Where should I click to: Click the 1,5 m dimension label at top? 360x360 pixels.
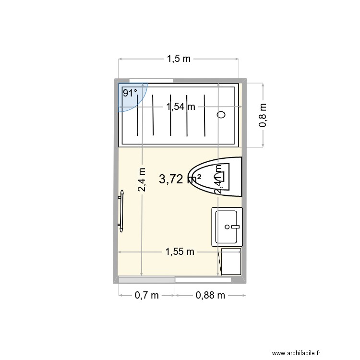[179, 59]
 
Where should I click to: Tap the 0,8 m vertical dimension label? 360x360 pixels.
[263, 116]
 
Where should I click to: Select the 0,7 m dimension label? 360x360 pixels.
[147, 296]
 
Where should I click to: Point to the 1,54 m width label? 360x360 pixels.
[180, 107]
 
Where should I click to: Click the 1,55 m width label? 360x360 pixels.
[180, 251]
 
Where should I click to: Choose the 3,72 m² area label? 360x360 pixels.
[180, 180]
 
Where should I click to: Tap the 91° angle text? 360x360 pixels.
[130, 93]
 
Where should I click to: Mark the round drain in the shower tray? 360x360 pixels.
[221, 115]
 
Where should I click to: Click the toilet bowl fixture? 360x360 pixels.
[216, 176]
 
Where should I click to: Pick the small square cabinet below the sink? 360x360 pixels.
[230, 262]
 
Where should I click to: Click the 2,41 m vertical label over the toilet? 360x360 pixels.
[218, 180]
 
